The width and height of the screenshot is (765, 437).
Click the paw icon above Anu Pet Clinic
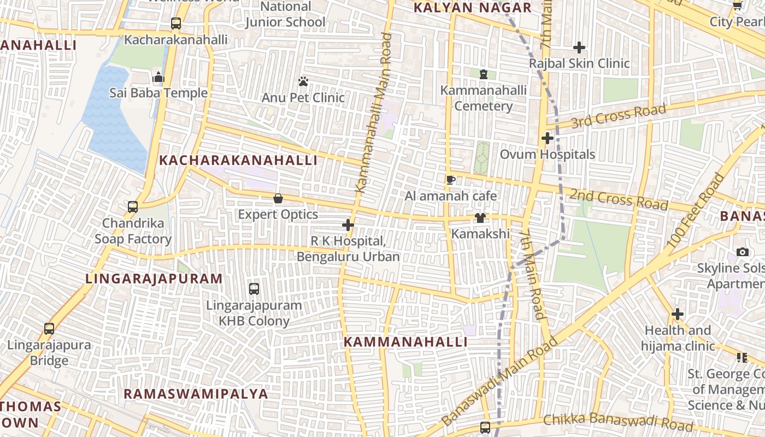303,82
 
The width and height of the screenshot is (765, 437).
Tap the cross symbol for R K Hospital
348,225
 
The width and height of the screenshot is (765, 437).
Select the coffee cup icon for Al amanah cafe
451,180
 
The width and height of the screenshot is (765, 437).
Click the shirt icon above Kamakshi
480,218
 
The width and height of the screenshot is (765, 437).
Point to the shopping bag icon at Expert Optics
278,198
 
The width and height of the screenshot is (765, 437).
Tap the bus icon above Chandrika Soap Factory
133,207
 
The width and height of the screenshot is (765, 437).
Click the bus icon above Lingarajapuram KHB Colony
254,289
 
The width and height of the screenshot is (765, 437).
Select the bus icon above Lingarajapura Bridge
49,329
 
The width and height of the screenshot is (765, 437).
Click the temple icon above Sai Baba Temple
158,77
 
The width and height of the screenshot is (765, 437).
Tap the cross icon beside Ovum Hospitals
548,138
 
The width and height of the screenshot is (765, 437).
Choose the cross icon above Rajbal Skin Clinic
579,48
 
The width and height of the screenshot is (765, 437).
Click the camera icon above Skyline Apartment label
742,252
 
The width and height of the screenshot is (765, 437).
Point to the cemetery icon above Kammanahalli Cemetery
483,74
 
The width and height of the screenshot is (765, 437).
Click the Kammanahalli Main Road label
374,113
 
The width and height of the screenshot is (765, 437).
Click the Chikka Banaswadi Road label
618,422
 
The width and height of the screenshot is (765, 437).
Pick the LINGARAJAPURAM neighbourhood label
154,279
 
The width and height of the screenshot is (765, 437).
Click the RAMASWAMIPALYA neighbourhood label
196,394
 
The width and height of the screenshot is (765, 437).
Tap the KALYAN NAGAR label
472,8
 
